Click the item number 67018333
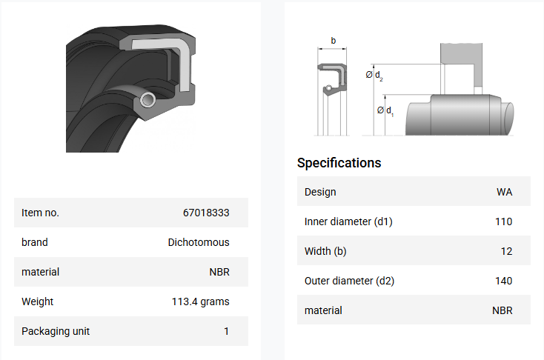206,213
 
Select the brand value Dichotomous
199,242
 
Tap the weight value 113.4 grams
201,301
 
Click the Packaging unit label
56,331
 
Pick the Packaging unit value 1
226,331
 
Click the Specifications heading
339,163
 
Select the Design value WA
504,192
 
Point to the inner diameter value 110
503,221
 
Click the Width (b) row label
325,251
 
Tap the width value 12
506,251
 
